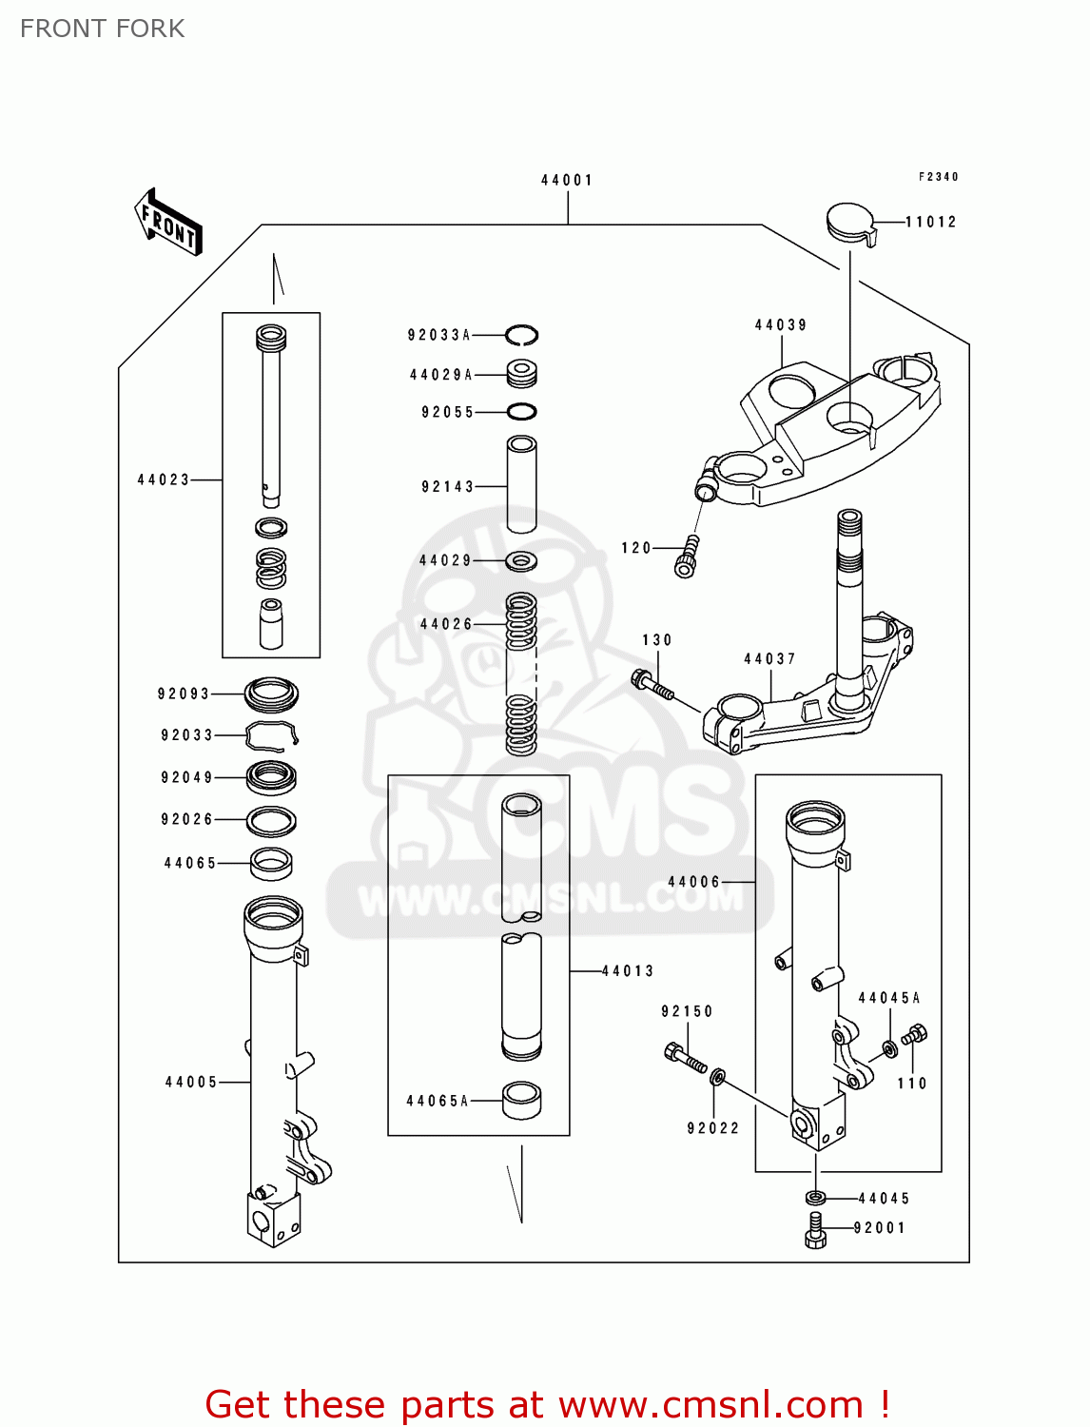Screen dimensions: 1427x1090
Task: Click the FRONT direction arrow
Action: coord(168,222)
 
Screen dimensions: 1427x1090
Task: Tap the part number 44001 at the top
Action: coord(567,180)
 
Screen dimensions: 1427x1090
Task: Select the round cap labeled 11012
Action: coord(849,223)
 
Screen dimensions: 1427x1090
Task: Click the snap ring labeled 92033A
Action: coord(521,335)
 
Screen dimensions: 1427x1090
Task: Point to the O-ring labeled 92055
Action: coord(521,412)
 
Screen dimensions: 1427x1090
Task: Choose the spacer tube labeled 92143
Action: coord(521,484)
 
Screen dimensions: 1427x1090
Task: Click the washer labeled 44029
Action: coord(520,560)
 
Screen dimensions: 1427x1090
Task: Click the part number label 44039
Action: coord(781,325)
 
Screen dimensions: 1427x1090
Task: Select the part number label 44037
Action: coord(769,658)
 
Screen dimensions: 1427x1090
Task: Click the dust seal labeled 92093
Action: coord(271,694)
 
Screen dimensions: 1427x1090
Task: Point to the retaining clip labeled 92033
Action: coord(272,735)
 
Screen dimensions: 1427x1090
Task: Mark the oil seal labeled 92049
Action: coord(271,777)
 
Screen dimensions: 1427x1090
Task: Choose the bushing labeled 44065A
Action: coord(521,1101)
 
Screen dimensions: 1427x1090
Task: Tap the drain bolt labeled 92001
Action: coord(815,1229)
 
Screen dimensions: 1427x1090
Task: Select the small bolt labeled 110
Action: coord(915,1036)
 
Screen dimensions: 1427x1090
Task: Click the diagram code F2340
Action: coord(938,177)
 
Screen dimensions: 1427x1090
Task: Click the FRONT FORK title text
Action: coord(103,29)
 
